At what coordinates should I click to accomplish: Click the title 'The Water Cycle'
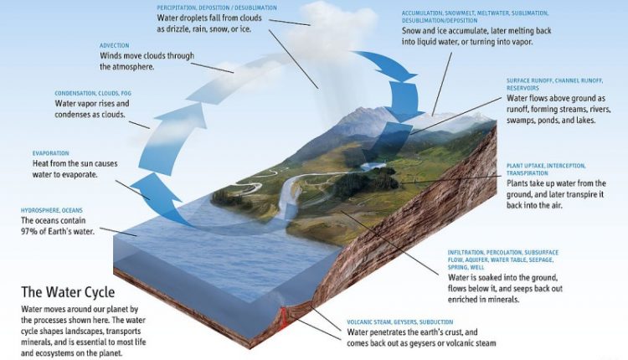tap(68, 292)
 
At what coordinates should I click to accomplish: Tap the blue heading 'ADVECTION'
tap(114, 46)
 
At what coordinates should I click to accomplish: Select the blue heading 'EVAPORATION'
tap(50, 153)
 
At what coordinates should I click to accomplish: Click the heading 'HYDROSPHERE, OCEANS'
tap(52, 210)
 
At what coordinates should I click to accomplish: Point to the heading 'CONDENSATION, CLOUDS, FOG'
tap(93, 93)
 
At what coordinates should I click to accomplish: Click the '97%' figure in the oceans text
tap(28, 231)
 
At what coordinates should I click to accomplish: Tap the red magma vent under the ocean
tap(284, 316)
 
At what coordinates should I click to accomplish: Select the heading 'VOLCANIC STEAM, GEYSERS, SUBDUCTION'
tap(399, 322)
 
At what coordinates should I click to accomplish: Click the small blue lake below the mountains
tap(373, 166)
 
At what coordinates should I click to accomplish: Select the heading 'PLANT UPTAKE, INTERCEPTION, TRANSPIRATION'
tap(545, 169)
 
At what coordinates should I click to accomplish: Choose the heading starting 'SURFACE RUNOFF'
tap(554, 85)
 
